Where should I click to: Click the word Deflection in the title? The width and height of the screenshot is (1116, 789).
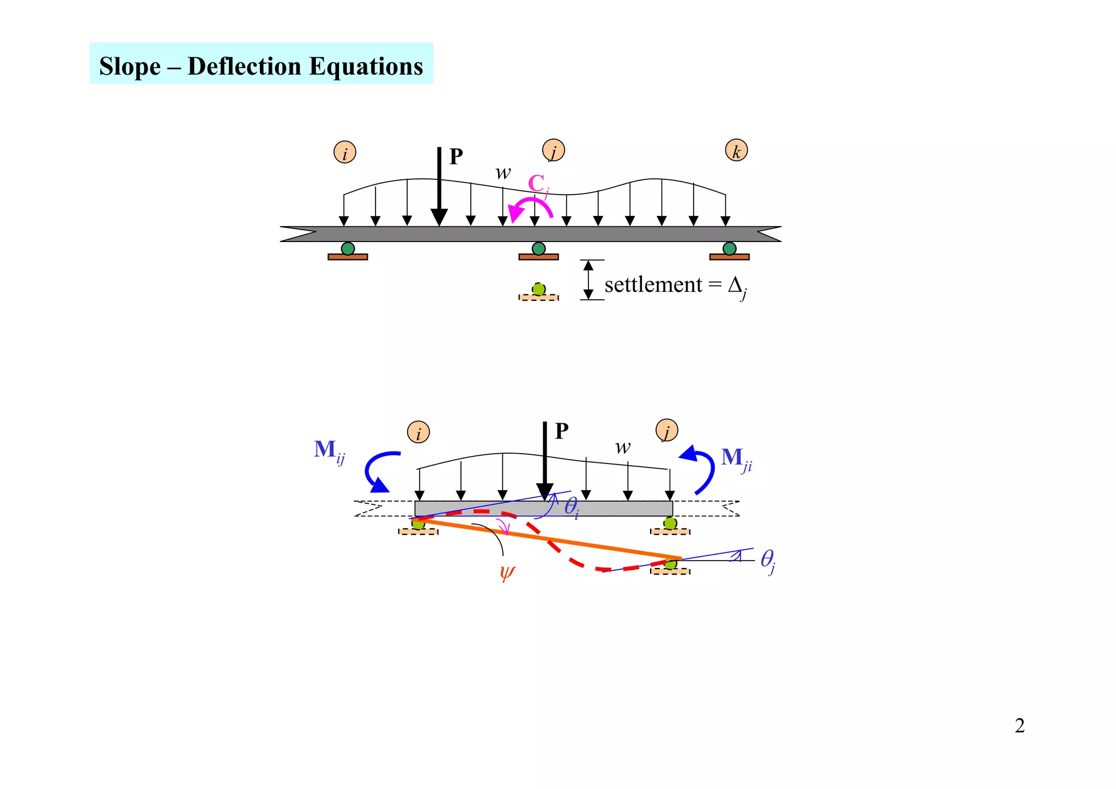244,67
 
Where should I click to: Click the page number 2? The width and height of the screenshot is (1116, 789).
1019,726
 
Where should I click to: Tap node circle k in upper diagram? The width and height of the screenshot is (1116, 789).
736,150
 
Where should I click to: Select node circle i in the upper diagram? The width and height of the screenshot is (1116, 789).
344,152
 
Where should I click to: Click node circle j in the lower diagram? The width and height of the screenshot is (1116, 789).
666,431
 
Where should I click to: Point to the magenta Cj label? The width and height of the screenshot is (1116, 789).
537,184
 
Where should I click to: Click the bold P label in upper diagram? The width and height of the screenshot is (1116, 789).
456,157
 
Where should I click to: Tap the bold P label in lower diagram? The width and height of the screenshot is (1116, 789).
561,431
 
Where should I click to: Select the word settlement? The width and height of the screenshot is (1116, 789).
653,285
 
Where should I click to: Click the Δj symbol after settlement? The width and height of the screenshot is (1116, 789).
737,286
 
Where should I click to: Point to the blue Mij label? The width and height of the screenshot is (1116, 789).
329,451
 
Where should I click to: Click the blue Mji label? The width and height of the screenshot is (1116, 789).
736,459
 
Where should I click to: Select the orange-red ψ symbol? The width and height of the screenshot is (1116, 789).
507,573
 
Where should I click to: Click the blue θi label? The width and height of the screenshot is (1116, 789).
571,507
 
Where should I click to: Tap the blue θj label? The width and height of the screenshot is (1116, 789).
767,560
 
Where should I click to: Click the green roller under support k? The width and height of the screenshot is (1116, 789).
729,249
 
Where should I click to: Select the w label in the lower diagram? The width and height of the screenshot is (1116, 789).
622,448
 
